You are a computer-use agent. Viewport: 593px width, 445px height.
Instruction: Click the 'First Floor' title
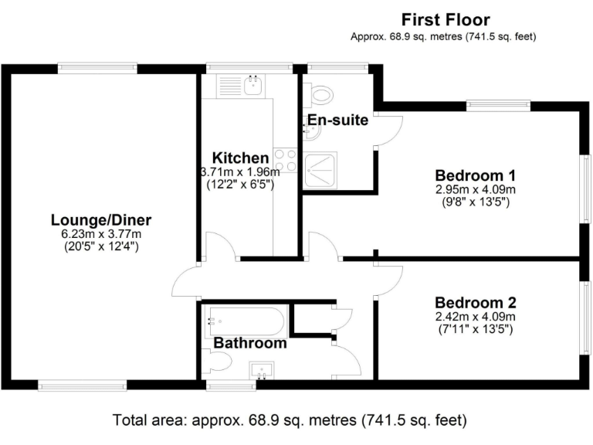(446, 19)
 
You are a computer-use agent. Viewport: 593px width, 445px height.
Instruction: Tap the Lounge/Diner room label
(101, 220)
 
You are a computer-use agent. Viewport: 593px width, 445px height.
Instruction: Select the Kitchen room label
(241, 158)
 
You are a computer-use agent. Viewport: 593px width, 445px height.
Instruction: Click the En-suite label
(337, 120)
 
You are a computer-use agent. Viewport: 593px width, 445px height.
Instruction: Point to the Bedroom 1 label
(476, 175)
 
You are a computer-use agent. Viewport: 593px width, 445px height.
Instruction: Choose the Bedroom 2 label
(476, 303)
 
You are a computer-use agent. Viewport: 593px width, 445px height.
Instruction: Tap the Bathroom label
(250, 343)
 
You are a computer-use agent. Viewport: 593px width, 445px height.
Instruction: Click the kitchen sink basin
(252, 85)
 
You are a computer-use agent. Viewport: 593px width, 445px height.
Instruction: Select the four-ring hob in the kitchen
(286, 160)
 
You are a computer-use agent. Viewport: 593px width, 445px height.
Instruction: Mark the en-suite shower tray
(320, 170)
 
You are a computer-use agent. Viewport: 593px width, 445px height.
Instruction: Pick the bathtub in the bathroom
(245, 321)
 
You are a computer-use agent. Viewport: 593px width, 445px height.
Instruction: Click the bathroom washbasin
(261, 370)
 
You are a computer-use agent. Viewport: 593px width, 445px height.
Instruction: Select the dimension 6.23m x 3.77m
(101, 233)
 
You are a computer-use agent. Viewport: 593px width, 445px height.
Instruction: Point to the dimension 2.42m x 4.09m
(476, 316)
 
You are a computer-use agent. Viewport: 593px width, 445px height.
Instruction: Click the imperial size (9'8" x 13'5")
(476, 202)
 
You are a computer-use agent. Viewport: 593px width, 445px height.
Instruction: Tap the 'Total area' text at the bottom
(290, 420)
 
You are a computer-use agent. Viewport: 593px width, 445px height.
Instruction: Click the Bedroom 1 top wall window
(499, 105)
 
